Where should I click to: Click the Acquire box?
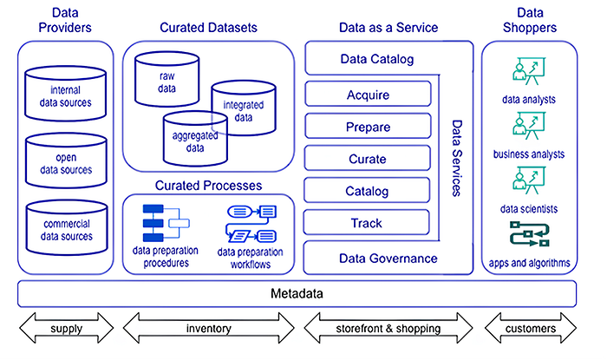click(x=368, y=94)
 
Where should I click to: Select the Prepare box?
click(x=368, y=127)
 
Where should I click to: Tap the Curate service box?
click(x=368, y=159)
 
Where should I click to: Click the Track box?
click(x=368, y=223)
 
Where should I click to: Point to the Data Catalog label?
click(x=376, y=60)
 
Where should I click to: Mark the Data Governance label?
click(x=388, y=258)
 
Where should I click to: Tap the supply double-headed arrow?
click(x=66, y=329)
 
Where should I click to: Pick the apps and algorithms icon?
click(x=528, y=237)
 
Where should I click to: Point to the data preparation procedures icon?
click(x=165, y=223)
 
